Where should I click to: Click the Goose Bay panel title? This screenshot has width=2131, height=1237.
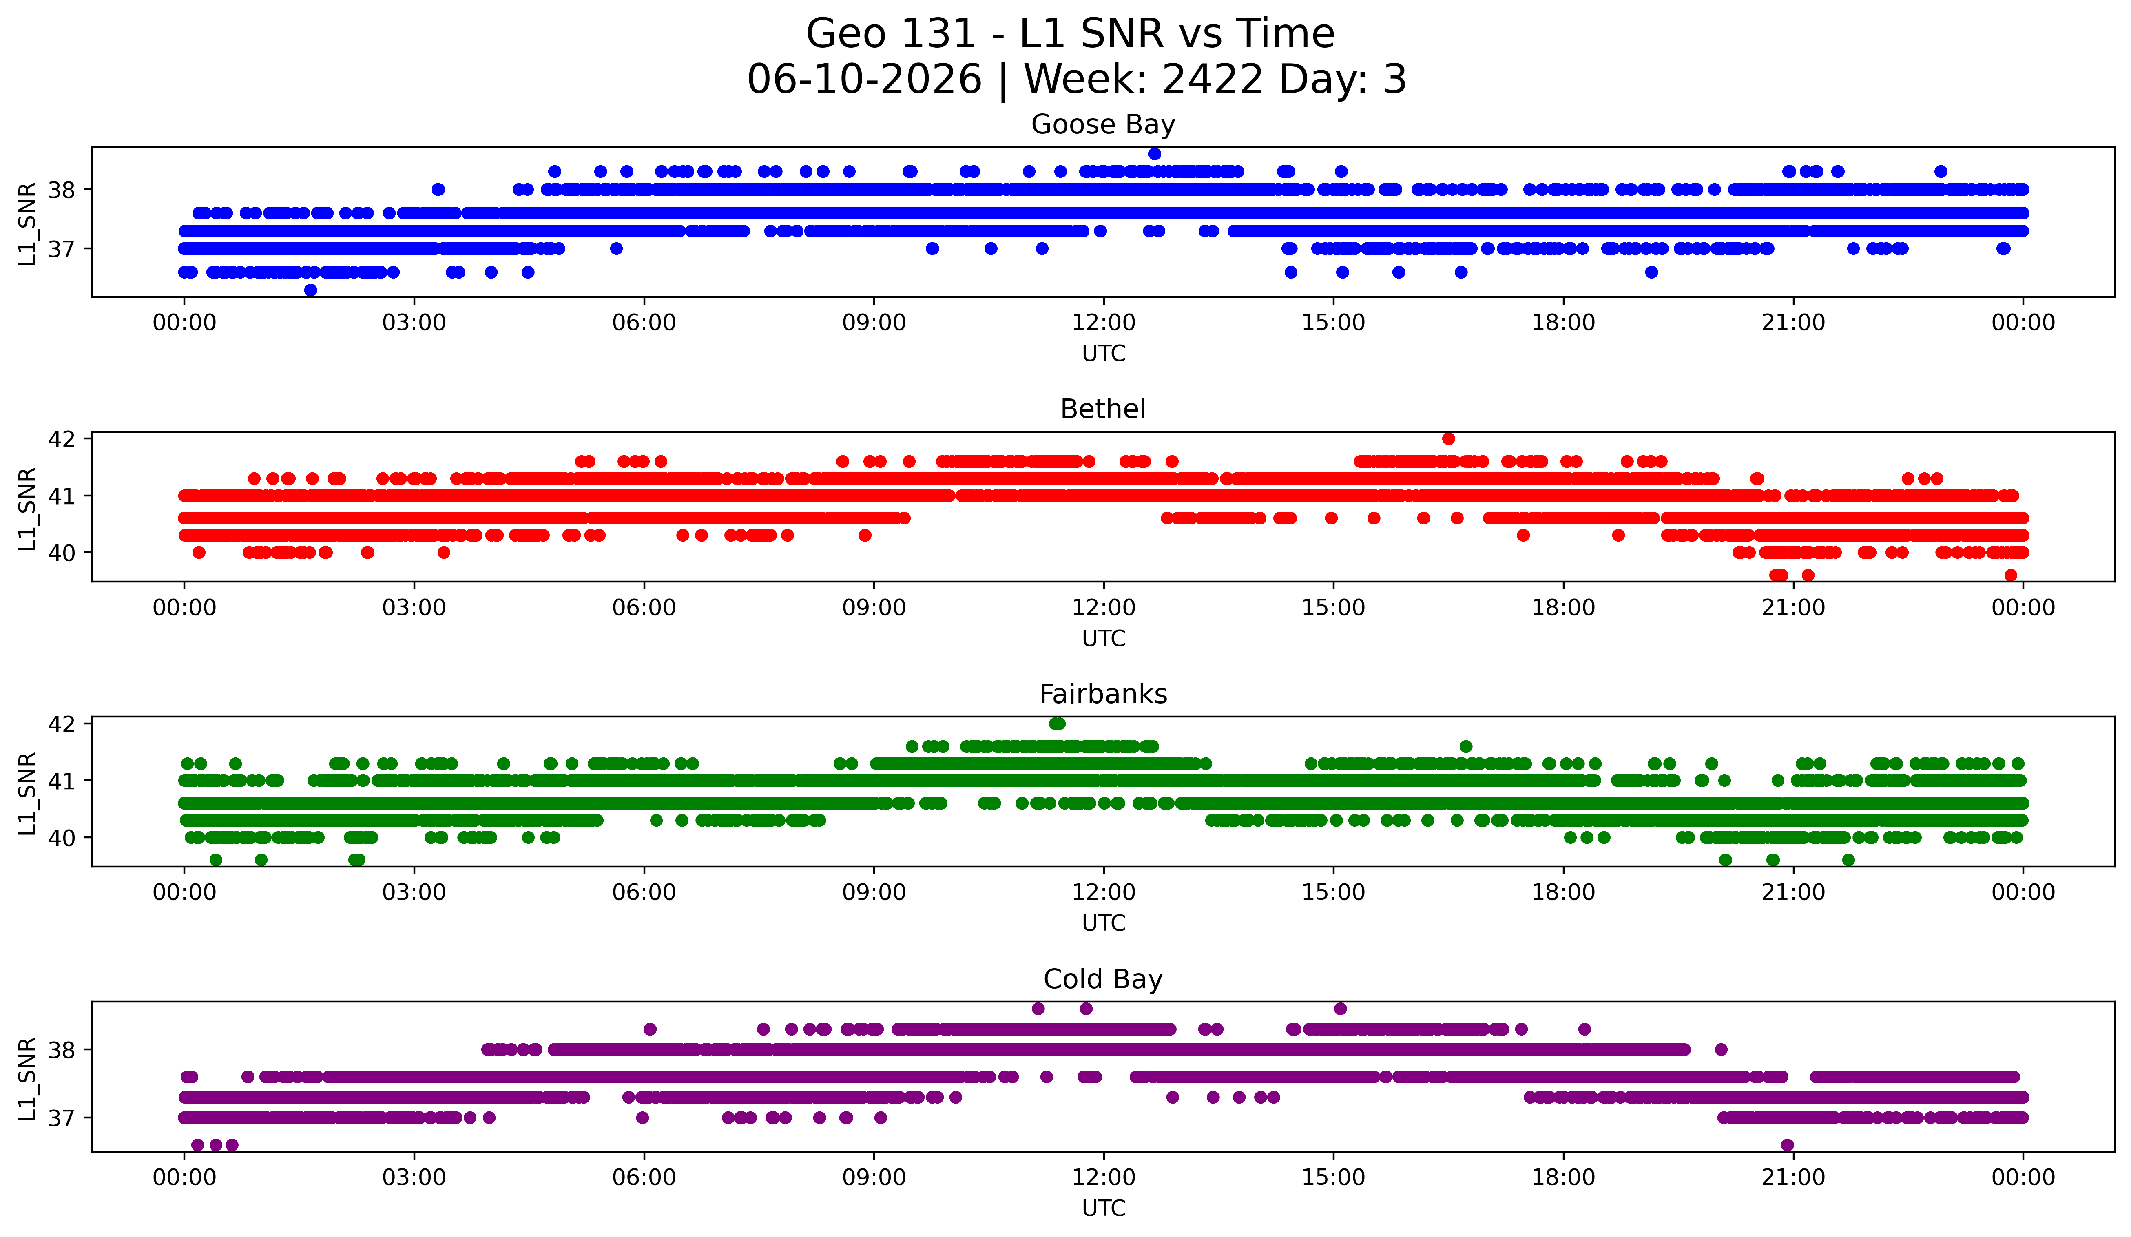tap(1103, 124)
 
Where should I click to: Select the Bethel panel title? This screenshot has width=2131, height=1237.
tap(1103, 409)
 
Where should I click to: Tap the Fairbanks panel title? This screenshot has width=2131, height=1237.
tap(1103, 694)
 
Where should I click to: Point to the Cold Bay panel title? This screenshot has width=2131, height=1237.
tap(1103, 979)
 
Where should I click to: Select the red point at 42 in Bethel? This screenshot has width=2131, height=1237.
tap(1449, 438)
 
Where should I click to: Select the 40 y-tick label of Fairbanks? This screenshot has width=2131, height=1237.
tap(62, 838)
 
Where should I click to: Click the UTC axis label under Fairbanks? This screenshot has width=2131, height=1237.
tap(1104, 923)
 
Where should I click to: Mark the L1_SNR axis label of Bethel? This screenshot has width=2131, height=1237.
tap(27, 508)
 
